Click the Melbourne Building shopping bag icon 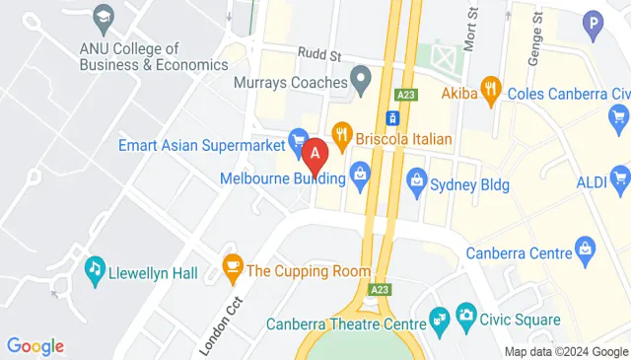pyautogui.click(x=360, y=177)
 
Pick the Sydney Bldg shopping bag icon pyautogui.click(x=416, y=180)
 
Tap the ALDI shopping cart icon pyautogui.click(x=620, y=178)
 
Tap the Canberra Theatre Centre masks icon pyautogui.click(x=439, y=319)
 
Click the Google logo pyautogui.click(x=35, y=346)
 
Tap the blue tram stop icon pyautogui.click(x=392, y=118)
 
